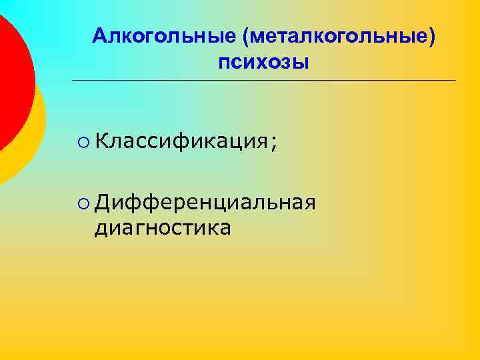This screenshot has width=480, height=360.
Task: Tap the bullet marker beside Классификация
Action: [x=83, y=141]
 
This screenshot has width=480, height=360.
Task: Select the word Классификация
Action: [x=180, y=141]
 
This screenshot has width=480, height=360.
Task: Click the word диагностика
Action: [x=163, y=227]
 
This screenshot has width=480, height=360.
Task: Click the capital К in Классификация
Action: [x=102, y=141]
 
